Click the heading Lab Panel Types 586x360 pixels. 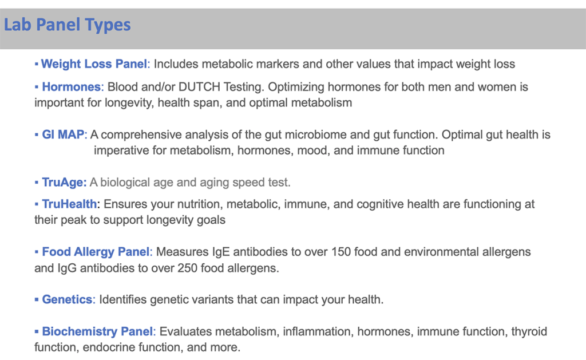point(68,25)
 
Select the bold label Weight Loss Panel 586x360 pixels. point(94,64)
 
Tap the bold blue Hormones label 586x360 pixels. point(71,87)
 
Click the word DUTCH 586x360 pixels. point(199,87)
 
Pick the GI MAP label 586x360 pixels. point(63,134)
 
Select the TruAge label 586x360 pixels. point(64,183)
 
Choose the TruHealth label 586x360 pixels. point(69,204)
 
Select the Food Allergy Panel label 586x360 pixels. point(96,252)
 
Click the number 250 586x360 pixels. point(187,268)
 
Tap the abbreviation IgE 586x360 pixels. point(221,252)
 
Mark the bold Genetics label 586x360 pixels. point(67,299)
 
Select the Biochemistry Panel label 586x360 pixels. point(97,331)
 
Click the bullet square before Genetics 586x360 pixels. point(36,299)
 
